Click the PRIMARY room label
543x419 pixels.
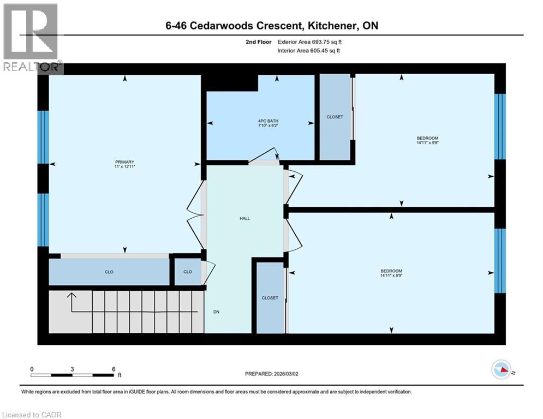coord(124,161)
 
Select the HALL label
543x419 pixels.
coord(244,218)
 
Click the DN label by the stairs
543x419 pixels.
coord(216,312)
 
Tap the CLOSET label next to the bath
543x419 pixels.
coord(335,117)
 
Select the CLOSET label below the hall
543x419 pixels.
coord(270,298)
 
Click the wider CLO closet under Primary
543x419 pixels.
coord(109,272)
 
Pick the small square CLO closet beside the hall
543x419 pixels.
coord(187,272)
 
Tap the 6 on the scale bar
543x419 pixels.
coord(113,369)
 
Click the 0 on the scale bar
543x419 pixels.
coord(32,369)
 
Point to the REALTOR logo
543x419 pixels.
coord(32,38)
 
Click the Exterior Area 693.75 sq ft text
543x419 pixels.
coord(309,41)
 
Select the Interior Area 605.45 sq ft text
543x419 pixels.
coord(309,51)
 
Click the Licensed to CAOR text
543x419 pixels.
coord(32,415)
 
